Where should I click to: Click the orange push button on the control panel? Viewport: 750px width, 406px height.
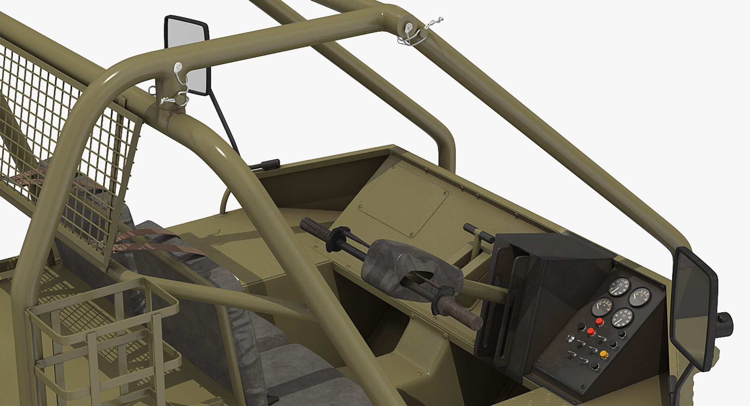click(x=604, y=355)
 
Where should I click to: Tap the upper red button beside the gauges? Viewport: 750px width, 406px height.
click(x=599, y=322)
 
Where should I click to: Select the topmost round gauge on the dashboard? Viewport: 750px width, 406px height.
click(x=620, y=287)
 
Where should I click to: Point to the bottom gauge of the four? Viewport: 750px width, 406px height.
click(x=622, y=318)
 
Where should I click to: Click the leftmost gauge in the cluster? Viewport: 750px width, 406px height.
click(x=602, y=307)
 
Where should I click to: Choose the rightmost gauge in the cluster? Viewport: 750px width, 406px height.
click(x=639, y=297)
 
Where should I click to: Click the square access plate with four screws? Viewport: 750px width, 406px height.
click(x=403, y=201)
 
